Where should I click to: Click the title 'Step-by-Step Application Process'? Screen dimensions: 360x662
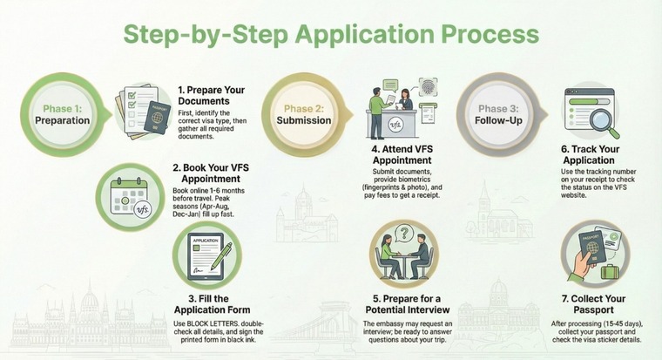coord(330,34)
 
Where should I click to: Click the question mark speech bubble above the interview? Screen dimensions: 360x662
coord(404,234)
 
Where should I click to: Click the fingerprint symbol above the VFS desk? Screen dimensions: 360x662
coord(427,88)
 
